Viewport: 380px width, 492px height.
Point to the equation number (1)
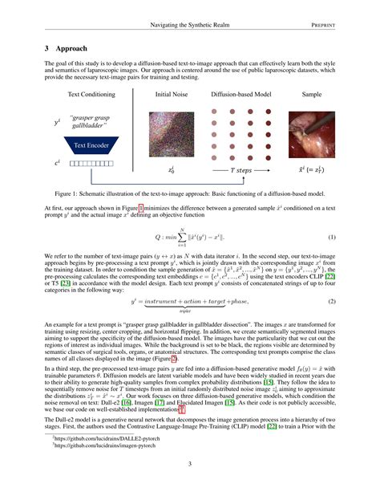[331, 237]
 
